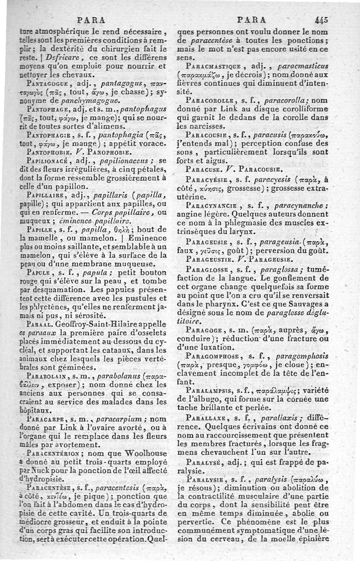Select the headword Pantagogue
tap(45, 84)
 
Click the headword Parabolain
tap(46, 375)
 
